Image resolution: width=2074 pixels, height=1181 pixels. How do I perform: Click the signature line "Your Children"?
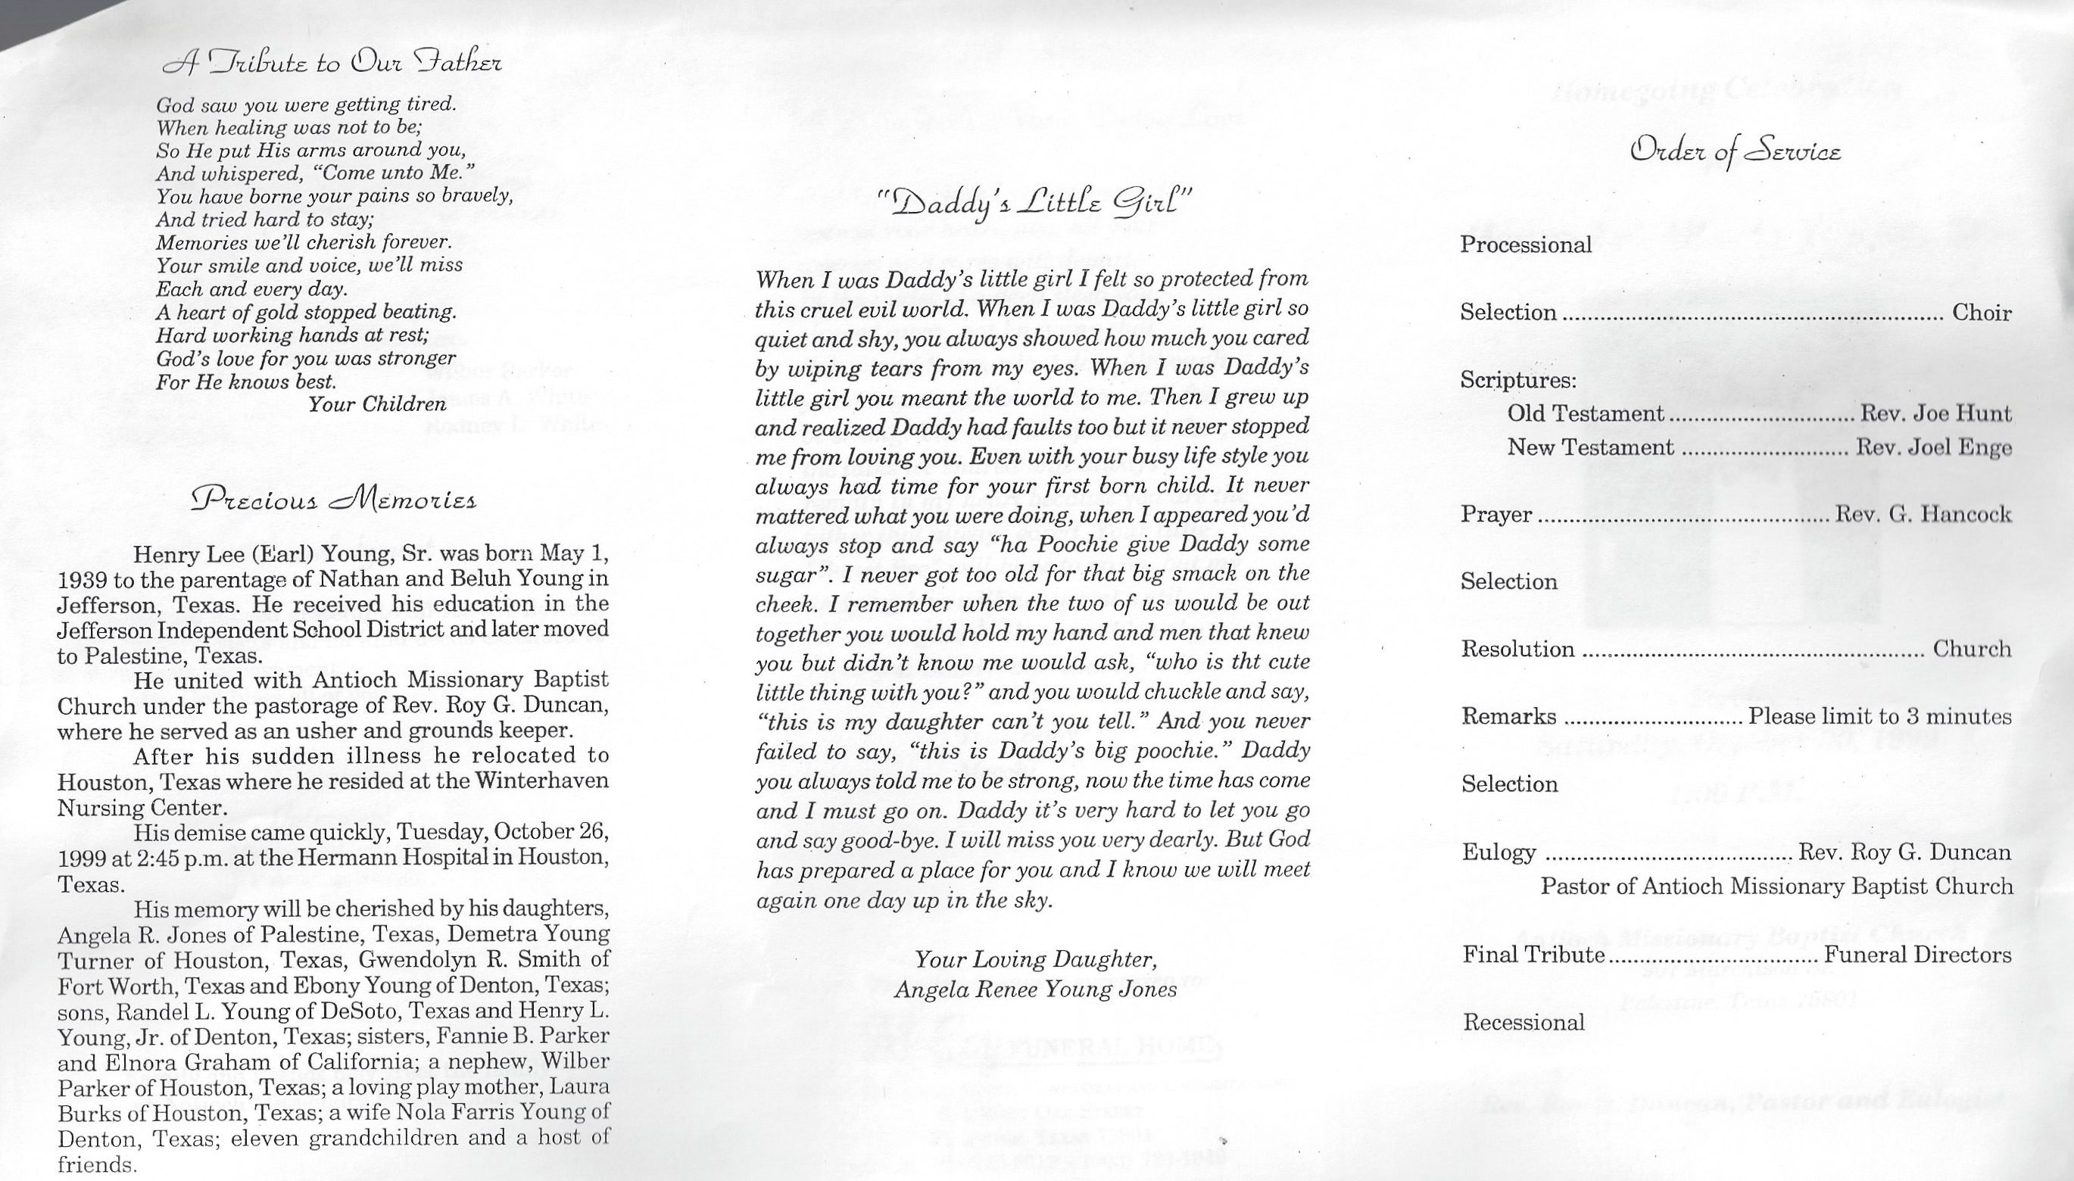[377, 404]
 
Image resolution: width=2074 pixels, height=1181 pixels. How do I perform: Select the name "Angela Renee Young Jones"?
[1036, 989]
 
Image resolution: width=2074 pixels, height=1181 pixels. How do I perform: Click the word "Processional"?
[1526, 245]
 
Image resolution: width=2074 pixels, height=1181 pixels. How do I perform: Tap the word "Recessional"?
[1524, 1022]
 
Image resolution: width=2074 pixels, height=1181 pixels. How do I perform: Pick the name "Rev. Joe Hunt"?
[1935, 413]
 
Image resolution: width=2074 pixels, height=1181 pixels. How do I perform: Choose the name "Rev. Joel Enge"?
[1934, 447]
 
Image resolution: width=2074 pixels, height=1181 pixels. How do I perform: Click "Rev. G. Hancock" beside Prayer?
[1923, 514]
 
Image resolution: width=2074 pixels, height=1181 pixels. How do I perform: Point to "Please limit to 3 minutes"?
[1879, 717]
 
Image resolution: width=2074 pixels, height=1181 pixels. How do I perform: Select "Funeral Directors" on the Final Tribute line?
[1917, 955]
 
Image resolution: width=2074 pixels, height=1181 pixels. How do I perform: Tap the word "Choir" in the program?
[1982, 312]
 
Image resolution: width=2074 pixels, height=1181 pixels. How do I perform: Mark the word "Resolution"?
[1517, 649]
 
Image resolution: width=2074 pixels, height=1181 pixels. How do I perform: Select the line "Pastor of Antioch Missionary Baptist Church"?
[1776, 887]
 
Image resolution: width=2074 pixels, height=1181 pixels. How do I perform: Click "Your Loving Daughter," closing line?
[1036, 960]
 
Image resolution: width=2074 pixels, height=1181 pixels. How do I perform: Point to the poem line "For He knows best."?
[246, 382]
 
